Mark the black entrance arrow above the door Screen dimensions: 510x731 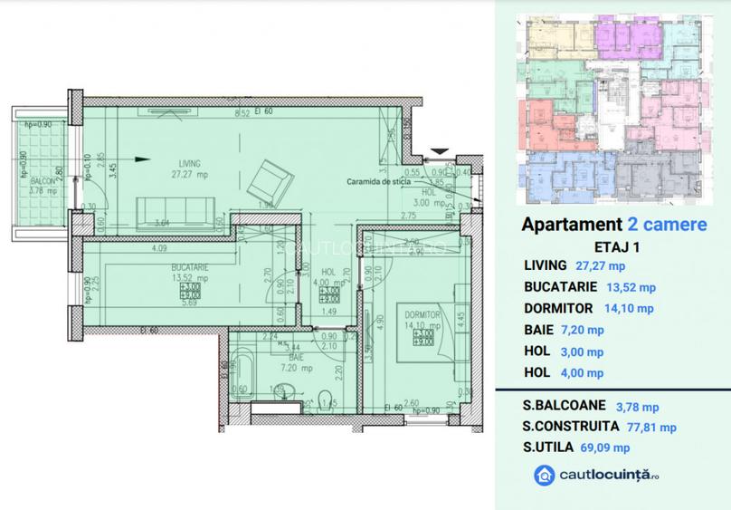(440, 150)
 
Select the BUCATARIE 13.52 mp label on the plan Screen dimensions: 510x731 (190, 274)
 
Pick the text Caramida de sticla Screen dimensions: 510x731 (378, 181)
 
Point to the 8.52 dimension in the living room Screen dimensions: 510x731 (242, 114)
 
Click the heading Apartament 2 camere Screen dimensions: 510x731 (614, 225)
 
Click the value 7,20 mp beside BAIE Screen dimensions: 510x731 (583, 330)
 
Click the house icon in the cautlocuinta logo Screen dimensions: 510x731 (545, 476)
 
